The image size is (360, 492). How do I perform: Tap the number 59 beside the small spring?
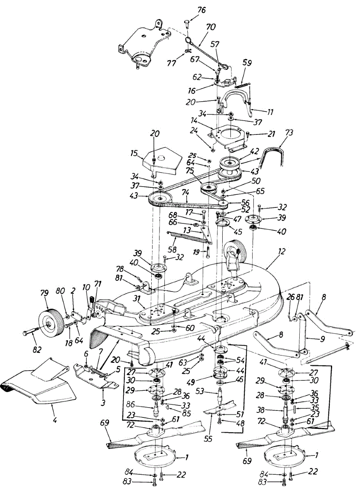click(x=247, y=63)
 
